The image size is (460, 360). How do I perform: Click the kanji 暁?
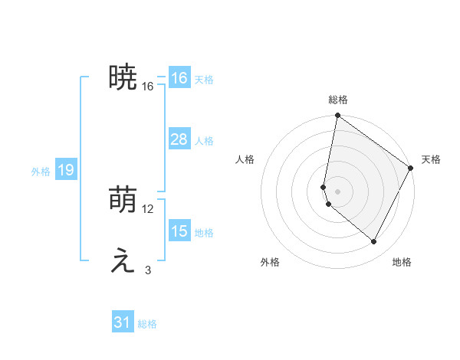123,77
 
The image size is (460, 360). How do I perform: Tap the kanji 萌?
123,201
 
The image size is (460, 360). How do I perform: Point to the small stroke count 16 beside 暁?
148,87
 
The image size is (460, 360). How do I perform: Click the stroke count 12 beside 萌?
148,209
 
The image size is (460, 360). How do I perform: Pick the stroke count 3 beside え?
148,270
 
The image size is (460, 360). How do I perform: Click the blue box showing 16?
179,78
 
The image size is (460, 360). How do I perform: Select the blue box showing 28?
179,139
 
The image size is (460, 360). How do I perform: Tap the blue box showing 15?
179,231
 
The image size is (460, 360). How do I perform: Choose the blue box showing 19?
65,170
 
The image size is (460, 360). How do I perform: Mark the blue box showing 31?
123,322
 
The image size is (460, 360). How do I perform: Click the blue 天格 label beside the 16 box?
204,80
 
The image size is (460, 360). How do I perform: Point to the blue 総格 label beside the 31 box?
148,324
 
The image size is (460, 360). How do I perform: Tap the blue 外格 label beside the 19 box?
41,172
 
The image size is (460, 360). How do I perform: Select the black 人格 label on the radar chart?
245,159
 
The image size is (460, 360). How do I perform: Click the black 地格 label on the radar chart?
402,262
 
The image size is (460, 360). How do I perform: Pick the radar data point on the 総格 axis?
338,116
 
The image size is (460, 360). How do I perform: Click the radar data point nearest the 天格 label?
411,169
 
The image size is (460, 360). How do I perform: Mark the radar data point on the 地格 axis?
374,242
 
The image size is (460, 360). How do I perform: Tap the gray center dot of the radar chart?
338,191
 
